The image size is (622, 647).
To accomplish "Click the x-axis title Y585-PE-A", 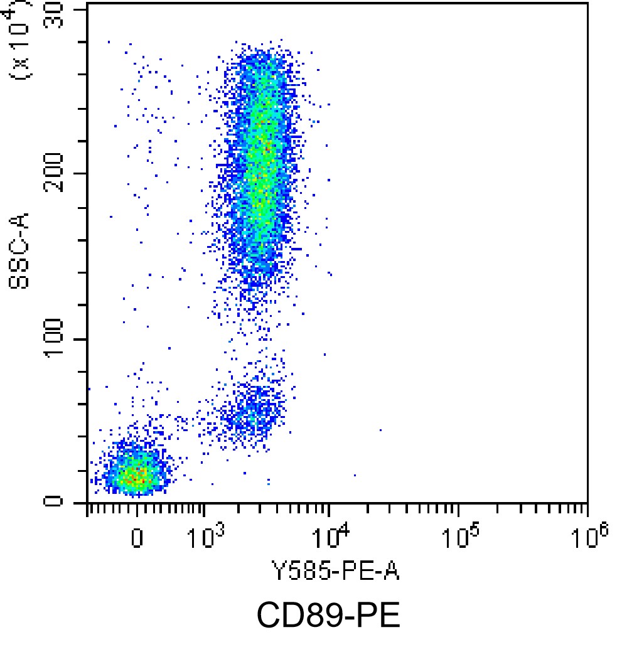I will [336, 572].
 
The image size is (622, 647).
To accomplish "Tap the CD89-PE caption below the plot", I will [328, 616].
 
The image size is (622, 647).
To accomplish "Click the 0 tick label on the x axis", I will [137, 538].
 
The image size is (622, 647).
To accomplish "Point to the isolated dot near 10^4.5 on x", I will [380, 430].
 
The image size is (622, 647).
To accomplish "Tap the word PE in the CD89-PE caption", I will [377, 616].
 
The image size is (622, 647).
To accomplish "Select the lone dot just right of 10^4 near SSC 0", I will [355, 475].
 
